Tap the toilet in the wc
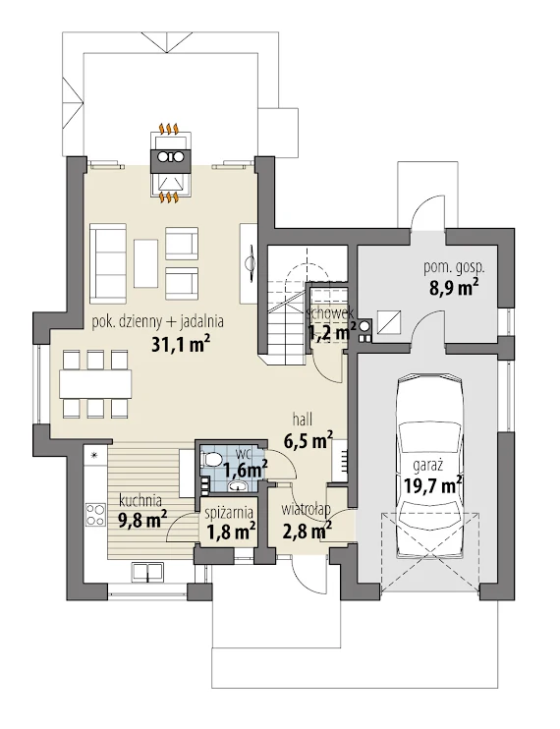coord(211,459)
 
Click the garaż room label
coord(427,465)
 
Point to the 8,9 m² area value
coord(453,287)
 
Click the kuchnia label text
coord(140,501)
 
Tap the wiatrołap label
coord(306,509)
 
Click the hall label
coord(302,420)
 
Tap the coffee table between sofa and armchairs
coord(146,263)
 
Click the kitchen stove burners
coord(95,515)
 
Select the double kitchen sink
coord(146,572)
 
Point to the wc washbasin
coord(239,486)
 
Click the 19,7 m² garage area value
coord(432,486)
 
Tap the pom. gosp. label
coord(454,267)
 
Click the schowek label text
coord(330,312)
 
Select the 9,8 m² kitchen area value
coord(143,520)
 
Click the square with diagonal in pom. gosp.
coord(389,322)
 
